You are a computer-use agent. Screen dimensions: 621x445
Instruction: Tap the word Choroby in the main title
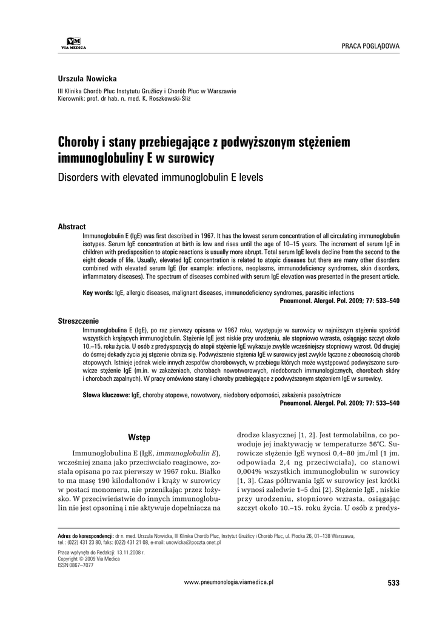79,142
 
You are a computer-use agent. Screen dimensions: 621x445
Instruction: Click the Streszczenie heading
78,320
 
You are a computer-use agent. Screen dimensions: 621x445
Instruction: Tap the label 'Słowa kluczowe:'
106,395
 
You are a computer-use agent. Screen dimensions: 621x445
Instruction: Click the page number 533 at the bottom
393,583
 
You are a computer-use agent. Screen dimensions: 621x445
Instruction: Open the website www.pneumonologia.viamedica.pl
229,581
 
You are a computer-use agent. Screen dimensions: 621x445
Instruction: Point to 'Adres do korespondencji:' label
85,536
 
